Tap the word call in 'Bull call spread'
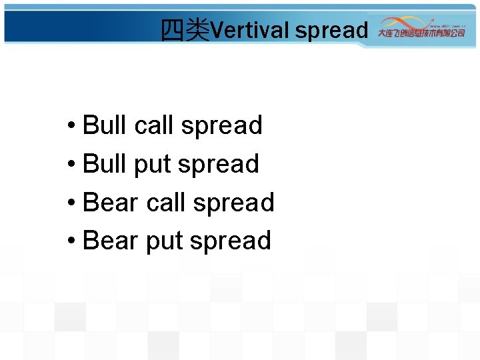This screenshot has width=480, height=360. point(154,125)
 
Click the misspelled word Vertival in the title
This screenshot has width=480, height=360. point(250,30)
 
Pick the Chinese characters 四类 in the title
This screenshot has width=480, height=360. point(185,30)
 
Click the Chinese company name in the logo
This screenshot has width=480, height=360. point(421,33)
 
